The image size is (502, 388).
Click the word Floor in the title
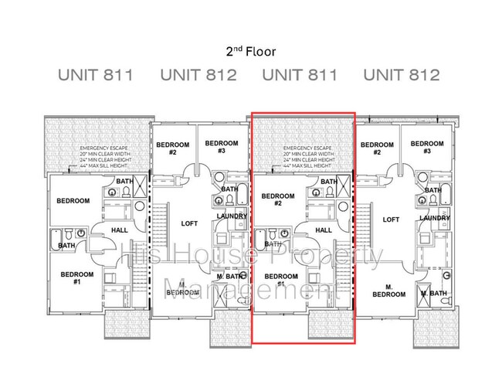262,52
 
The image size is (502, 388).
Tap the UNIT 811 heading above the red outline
300,75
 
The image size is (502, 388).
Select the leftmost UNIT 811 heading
96,75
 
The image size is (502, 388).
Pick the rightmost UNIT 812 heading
402,75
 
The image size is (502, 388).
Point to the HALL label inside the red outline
324,230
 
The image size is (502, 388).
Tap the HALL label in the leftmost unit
120,230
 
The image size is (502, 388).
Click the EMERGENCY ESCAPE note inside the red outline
307,147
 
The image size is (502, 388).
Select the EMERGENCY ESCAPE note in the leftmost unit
103,147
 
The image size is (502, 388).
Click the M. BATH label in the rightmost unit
434,294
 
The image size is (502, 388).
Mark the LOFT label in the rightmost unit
392,220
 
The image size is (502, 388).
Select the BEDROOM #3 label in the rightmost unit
426,148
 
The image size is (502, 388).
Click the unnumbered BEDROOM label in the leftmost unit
73,201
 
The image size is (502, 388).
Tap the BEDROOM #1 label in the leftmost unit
77,277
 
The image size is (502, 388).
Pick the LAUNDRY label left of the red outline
232,216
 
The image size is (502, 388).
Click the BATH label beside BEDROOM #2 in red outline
328,182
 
